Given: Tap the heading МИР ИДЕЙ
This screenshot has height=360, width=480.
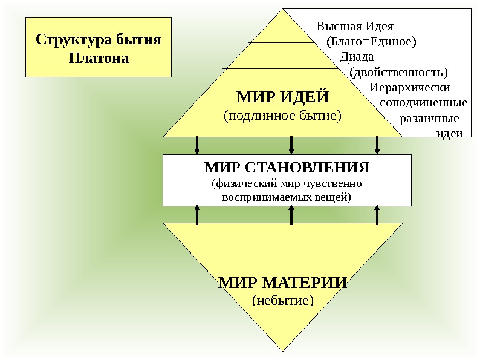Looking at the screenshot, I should tap(282, 97).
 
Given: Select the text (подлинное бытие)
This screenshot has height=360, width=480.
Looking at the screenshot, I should tap(282, 114).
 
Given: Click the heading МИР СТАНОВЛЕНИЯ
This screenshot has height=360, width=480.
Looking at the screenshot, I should tap(287, 166).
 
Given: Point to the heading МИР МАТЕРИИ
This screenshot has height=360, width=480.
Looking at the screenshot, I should tap(282, 283).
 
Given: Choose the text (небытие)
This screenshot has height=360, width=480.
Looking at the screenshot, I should tap(282, 299).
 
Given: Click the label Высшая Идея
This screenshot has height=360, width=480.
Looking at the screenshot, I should tap(355, 27).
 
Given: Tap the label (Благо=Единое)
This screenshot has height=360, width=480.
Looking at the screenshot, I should tap(371, 42).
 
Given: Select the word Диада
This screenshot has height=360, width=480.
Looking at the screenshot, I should tap(357, 57).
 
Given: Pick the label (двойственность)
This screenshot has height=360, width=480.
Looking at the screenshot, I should tap(398, 72).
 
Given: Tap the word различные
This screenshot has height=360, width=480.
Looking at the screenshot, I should tap(429, 117).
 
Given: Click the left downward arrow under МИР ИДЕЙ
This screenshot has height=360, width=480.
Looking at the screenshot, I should tap(197, 146).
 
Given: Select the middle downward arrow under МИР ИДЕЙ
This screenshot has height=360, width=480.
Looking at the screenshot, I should tap(291, 146).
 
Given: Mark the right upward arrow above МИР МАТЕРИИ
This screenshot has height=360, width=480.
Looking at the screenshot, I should tap(377, 214).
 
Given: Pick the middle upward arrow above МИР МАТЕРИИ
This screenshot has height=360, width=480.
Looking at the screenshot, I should tap(291, 214).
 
